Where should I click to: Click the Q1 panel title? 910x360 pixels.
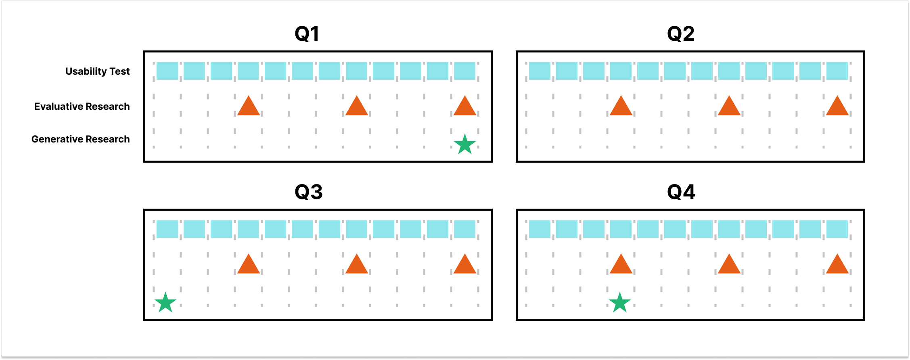[x=307, y=33]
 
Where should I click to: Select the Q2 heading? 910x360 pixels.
[x=681, y=33]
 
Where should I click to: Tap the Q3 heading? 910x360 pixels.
[x=309, y=192]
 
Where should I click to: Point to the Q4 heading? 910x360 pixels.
[x=681, y=192]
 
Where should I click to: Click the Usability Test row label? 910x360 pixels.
[x=97, y=71]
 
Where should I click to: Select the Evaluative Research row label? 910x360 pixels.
[x=82, y=107]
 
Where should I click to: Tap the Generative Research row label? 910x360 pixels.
[x=81, y=139]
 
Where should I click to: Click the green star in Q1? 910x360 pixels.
[x=465, y=144]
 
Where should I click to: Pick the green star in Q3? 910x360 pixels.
[x=165, y=303]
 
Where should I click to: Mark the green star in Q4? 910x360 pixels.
[x=619, y=303]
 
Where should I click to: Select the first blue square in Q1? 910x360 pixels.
[x=167, y=71]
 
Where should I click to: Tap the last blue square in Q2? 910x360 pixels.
[x=837, y=71]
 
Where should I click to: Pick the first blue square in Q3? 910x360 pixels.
[x=167, y=229]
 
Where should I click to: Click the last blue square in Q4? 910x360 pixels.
[x=837, y=229]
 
